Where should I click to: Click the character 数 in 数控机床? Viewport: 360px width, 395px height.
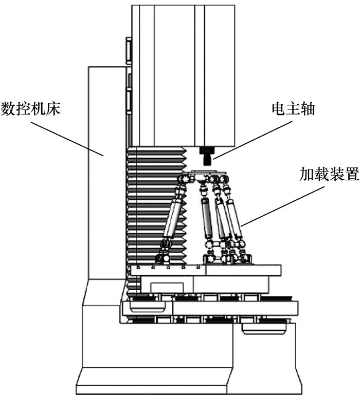[9, 109]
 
